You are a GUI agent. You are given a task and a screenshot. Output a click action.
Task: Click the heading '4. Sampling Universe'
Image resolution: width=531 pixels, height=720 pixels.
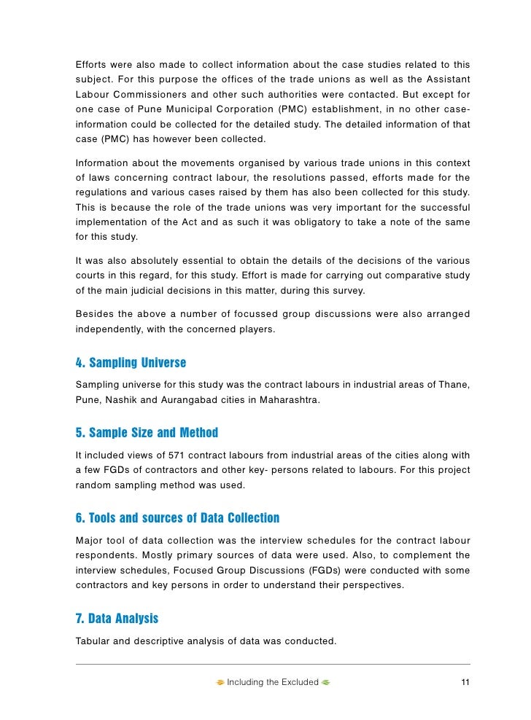point(131,362)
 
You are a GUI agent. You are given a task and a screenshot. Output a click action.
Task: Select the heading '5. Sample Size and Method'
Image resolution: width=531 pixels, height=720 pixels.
point(147,433)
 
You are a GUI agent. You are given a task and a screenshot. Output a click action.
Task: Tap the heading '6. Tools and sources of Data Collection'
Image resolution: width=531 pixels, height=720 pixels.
point(177,518)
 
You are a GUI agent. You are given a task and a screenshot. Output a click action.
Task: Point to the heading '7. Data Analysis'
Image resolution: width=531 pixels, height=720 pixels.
point(117,619)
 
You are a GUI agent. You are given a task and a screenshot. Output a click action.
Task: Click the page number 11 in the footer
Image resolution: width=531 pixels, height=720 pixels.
point(465,682)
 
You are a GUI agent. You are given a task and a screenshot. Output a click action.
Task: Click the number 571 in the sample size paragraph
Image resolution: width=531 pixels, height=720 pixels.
point(171,454)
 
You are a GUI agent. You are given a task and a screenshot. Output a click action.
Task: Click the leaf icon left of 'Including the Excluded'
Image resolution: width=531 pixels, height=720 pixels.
point(220,683)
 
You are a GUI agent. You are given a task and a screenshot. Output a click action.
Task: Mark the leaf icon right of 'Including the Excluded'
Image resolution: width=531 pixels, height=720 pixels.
point(326,683)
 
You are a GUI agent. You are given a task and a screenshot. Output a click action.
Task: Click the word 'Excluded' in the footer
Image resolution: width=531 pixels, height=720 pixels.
point(301,682)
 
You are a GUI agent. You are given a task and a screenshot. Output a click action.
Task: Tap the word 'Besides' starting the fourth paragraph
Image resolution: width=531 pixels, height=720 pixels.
point(94,314)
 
